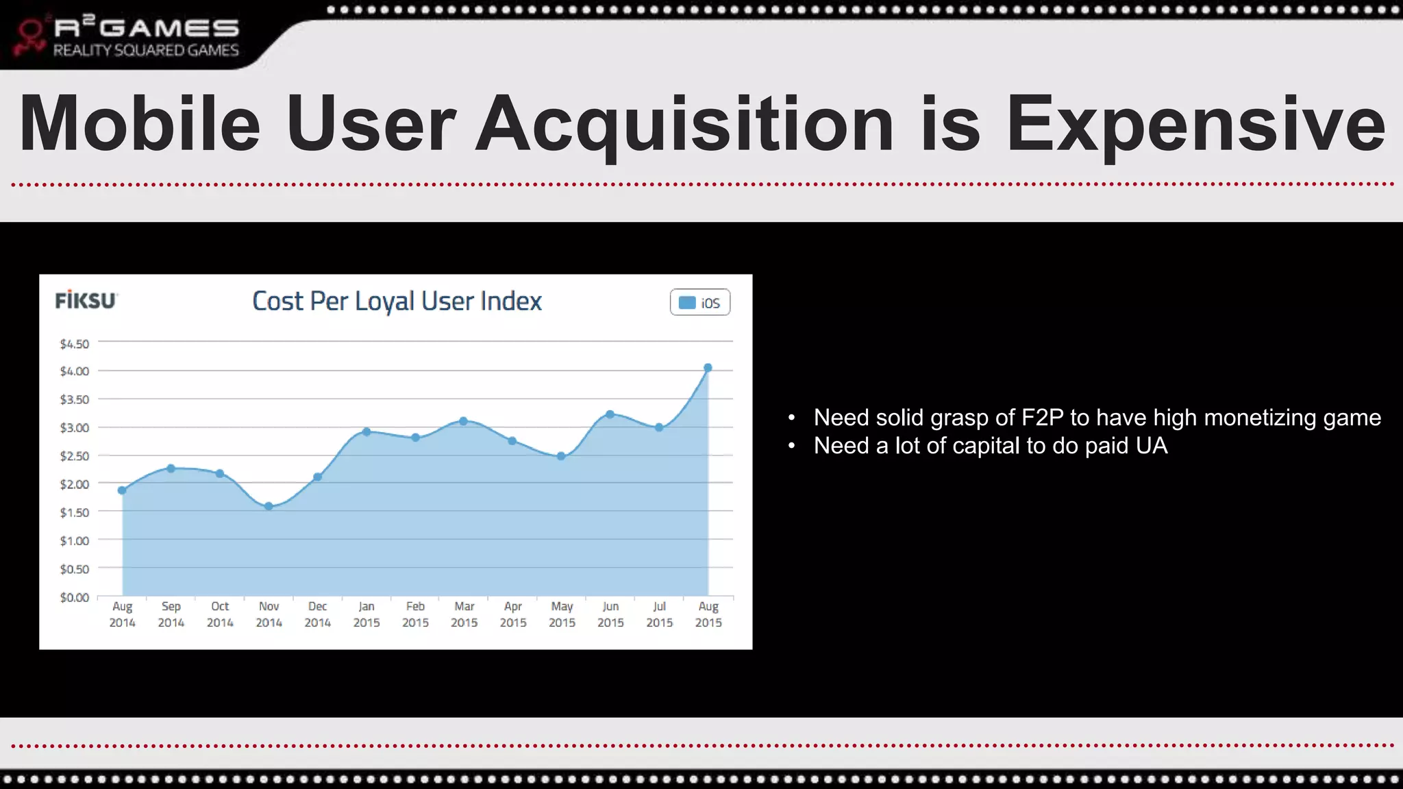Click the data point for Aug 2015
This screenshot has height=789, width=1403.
point(708,368)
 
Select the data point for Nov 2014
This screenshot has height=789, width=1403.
point(269,506)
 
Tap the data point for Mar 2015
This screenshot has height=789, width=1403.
point(464,421)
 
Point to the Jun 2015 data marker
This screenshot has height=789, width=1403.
point(610,414)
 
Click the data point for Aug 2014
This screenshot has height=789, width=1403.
point(122,490)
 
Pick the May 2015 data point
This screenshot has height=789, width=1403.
point(561,456)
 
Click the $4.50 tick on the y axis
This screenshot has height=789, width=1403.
point(74,344)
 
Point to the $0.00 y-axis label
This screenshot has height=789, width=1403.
point(74,597)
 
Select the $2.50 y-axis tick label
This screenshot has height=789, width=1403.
point(74,456)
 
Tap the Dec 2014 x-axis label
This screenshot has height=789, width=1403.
point(317,614)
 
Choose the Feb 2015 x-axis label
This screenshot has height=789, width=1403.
point(415,614)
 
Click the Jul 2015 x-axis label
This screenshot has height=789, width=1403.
point(659,614)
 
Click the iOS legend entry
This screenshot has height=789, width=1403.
point(700,303)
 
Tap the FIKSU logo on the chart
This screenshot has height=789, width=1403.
point(86,301)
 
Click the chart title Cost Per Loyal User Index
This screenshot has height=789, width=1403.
point(397,301)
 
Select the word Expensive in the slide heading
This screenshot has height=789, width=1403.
point(1195,125)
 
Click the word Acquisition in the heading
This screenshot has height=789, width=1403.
point(684,125)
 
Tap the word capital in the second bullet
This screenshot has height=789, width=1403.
point(986,446)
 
